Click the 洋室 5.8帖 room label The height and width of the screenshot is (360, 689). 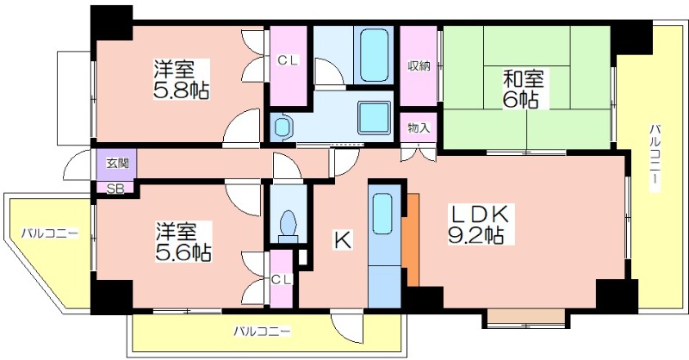tap(181, 79)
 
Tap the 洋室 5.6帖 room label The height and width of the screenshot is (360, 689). tap(183, 242)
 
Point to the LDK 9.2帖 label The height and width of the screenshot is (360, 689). tap(479, 225)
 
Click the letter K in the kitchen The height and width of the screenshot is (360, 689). tap(342, 240)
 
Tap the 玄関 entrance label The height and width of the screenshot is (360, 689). tap(117, 164)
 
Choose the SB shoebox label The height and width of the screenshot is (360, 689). tap(115, 189)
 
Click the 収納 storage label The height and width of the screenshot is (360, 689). tap(419, 66)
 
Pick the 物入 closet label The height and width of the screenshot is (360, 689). tap(419, 127)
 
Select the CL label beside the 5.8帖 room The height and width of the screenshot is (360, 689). tap(288, 61)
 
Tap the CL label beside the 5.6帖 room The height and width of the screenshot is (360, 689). tap(282, 279)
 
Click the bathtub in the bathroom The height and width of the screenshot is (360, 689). tap(374, 55)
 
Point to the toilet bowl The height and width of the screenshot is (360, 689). tap(289, 224)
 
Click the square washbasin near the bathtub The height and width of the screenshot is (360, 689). tap(374, 117)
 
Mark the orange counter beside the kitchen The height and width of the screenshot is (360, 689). tap(411, 239)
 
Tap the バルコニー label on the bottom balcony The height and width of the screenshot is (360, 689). tap(262, 331)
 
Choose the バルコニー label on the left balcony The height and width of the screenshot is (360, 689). tap(50, 233)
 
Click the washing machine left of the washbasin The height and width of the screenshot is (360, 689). tap(282, 127)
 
